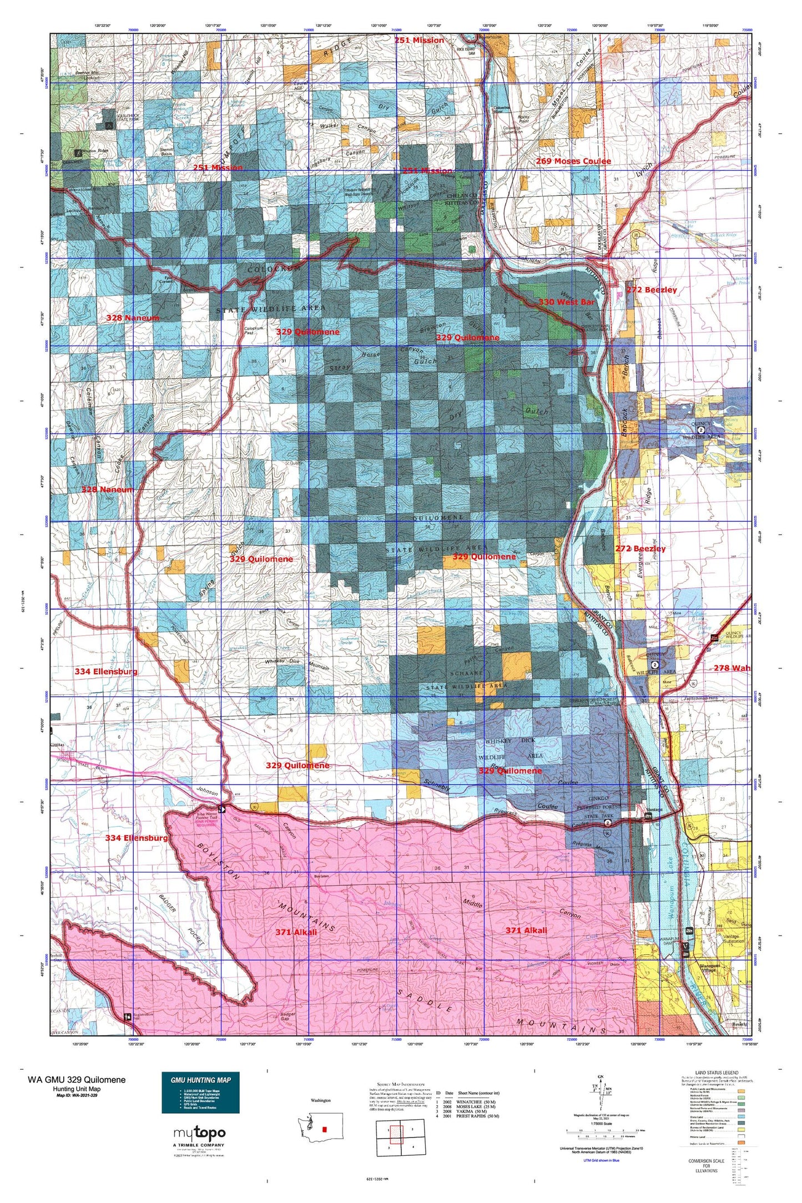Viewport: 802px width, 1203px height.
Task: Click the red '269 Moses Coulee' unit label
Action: pos(573,161)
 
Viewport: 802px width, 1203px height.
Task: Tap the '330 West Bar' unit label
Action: pos(566,302)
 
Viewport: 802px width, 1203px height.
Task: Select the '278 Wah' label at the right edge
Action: pos(732,668)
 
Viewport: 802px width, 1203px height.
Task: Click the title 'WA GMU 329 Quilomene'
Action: pos(77,1079)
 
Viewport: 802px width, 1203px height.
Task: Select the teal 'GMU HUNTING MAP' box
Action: pos(200,1092)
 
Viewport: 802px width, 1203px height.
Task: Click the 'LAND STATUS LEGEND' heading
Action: pos(716,1073)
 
